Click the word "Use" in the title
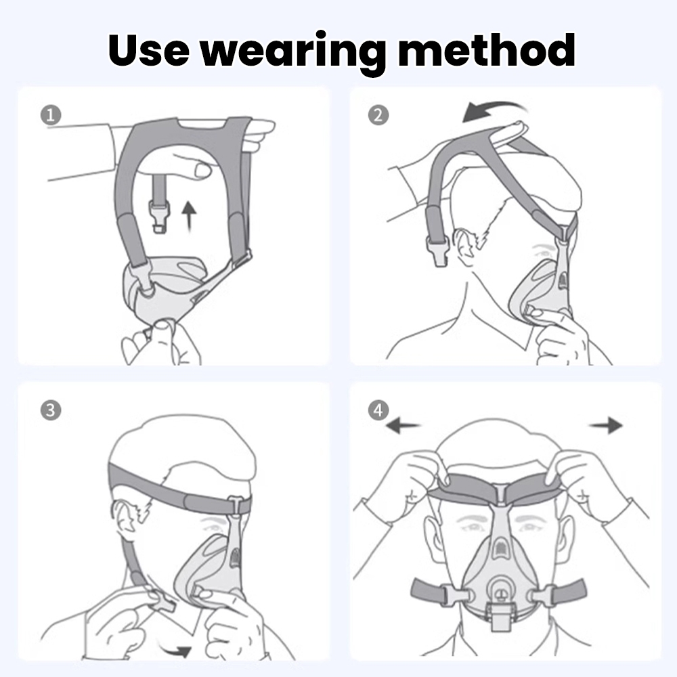[x=149, y=49]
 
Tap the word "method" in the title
[x=486, y=49]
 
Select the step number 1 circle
[x=51, y=115]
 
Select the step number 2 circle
[x=378, y=115]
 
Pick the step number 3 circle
[x=51, y=410]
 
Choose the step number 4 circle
[x=378, y=410]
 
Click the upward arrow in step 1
[x=188, y=217]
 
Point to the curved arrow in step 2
[x=492, y=110]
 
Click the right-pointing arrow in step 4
[x=606, y=425]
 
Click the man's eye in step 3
[x=211, y=527]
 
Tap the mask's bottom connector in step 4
[x=500, y=617]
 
